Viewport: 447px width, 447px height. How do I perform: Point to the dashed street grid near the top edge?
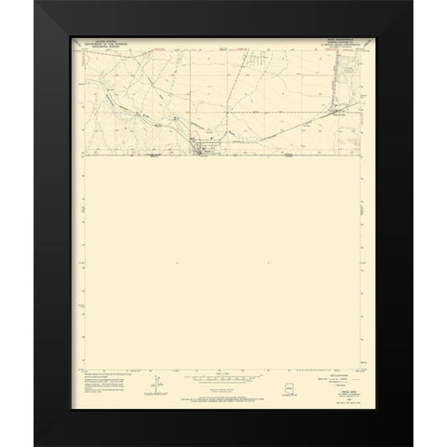tap(263, 61)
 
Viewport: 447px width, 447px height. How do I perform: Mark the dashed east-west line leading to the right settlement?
tap(279, 113)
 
